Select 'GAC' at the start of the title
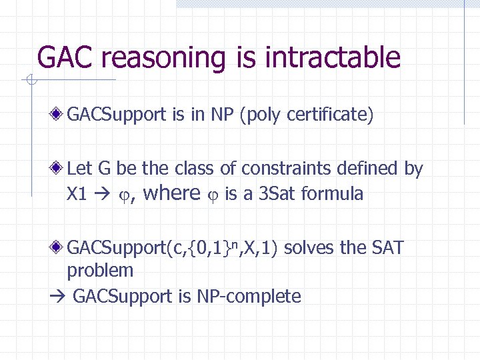click(x=67, y=57)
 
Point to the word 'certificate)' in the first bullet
click(x=331, y=115)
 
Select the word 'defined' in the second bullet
click(x=367, y=169)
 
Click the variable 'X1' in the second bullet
click(x=77, y=194)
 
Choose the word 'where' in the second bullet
click(x=171, y=194)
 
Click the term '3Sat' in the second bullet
click(x=277, y=194)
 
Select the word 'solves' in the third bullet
click(x=309, y=248)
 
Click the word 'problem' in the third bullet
click(x=100, y=271)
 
